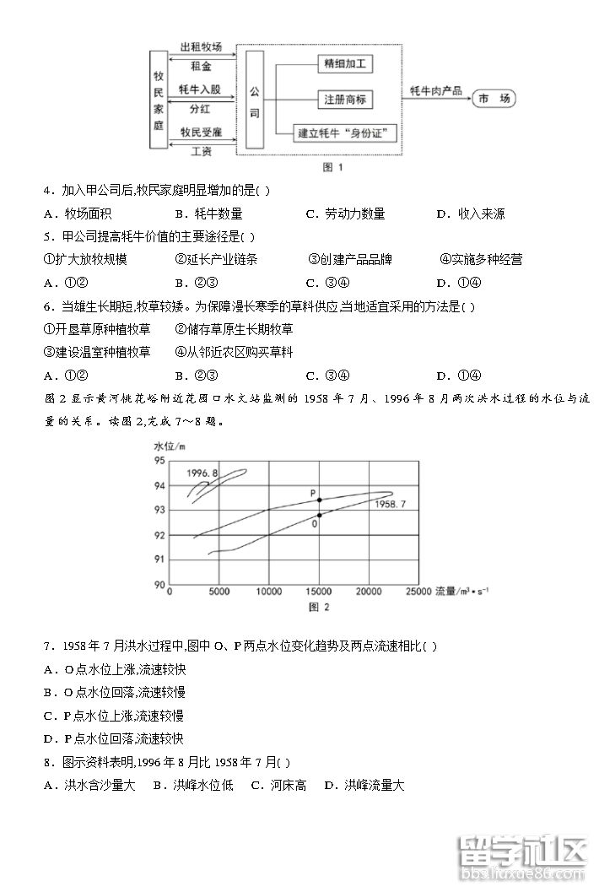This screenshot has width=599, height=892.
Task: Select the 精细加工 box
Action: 344,64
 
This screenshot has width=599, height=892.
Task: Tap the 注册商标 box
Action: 344,99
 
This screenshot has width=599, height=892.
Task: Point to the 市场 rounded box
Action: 494,99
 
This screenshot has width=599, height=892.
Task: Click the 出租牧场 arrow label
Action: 201,47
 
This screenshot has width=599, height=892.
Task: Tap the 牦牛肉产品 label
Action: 436,90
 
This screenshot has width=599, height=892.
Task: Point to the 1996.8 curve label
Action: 202,473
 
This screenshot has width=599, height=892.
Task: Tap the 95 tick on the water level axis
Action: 160,461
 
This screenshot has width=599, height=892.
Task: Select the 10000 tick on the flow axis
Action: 268,592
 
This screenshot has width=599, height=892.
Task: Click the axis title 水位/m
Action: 169,446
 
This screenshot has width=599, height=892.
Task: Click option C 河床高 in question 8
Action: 278,786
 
